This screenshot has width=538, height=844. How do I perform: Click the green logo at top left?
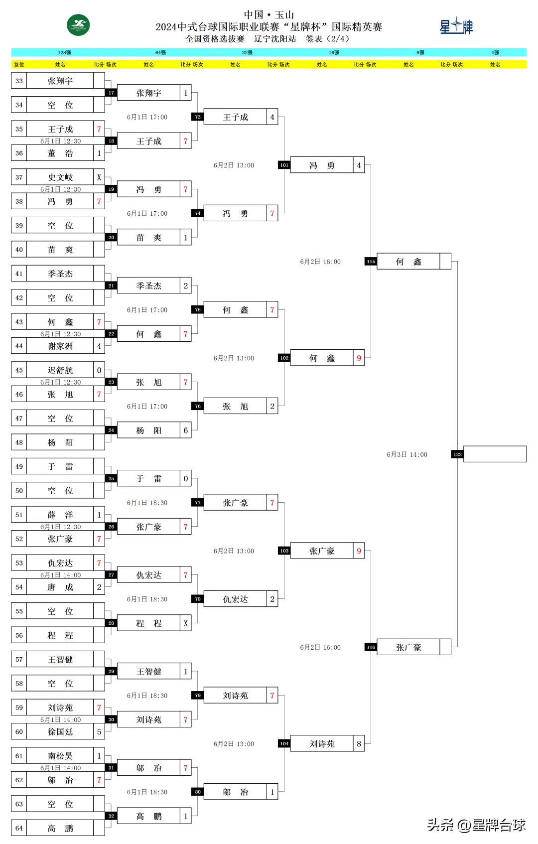coord(78,25)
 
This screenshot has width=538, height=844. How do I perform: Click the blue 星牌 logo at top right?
coord(456,26)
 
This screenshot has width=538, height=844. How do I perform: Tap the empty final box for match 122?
coord(495,454)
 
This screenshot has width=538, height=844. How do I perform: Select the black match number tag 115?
coord(371,262)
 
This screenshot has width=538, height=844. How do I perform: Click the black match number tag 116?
coord(371,647)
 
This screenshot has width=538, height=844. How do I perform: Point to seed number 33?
coord(19,81)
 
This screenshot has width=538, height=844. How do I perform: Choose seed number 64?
coord(19,828)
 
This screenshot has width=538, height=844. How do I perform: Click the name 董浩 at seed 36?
coord(60,153)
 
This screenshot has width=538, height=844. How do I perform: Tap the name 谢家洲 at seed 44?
coord(60,346)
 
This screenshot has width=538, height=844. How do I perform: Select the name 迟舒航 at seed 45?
coord(60,370)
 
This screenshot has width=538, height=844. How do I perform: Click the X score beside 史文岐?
coord(99,177)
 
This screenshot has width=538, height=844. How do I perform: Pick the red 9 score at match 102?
coord(359,358)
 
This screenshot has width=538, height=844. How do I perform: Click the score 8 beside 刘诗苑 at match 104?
coord(359,744)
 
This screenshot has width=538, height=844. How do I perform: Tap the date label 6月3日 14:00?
coord(407,454)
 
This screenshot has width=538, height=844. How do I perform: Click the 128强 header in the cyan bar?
coord(64,52)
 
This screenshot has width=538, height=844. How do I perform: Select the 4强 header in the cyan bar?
coord(495,52)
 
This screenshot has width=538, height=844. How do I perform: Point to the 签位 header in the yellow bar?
coord(19,64)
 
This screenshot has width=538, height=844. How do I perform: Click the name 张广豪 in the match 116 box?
coord(408,647)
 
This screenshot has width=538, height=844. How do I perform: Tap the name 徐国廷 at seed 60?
coord(60,732)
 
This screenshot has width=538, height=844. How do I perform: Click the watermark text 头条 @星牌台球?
coord(476,825)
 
